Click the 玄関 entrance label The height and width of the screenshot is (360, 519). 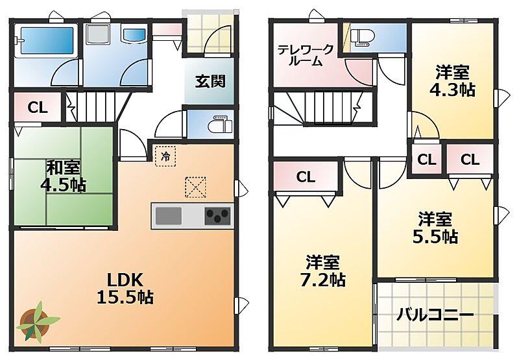pos(210,81)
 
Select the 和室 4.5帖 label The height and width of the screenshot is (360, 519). pos(63,176)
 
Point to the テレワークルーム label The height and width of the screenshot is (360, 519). pos(305,56)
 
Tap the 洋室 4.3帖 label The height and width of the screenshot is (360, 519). pos(452,81)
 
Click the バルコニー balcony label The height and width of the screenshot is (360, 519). pos(435,315)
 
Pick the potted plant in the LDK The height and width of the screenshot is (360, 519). pos(37,322)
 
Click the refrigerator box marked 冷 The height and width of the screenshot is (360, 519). pos(165,156)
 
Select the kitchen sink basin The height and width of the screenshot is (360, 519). pos(169,216)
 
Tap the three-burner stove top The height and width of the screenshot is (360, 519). pos(217,216)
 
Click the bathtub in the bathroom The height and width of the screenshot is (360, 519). pos(47,40)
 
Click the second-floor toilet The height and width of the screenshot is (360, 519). pos(363,38)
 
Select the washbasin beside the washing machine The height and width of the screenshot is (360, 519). pos(134,34)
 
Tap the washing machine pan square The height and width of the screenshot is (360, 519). pos(98,34)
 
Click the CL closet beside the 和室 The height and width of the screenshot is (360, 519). pos(38,108)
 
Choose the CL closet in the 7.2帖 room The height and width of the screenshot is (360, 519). pos(306,177)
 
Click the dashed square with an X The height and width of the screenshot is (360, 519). pos(196,187)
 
